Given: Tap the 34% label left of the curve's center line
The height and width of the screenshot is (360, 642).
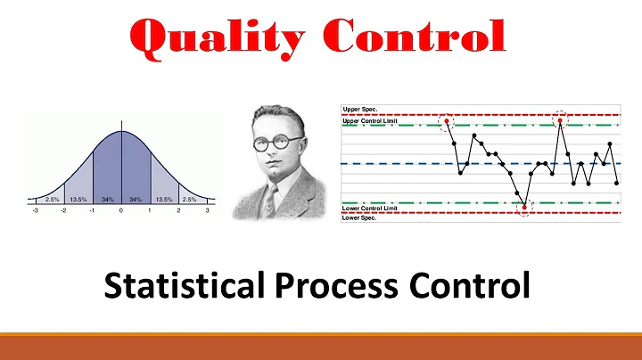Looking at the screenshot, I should point(106,200).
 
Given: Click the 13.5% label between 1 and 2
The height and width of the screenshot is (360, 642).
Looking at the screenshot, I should point(163,200).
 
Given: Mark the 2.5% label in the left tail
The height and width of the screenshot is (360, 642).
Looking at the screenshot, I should point(52,200).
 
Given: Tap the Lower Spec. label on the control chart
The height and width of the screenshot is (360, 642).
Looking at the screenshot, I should point(361,217).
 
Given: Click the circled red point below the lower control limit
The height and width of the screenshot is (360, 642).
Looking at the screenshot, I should point(524,208).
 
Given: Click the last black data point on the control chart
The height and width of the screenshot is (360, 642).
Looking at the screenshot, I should point(617,183).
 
